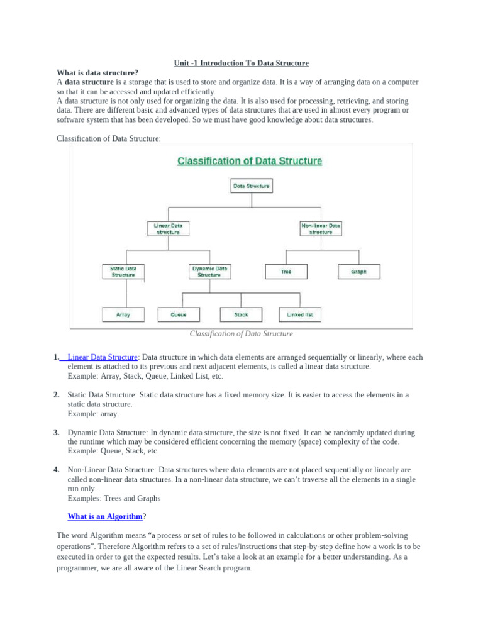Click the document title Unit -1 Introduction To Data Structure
tap(241, 63)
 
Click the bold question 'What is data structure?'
tap(97, 73)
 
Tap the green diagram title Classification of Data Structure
tap(250, 161)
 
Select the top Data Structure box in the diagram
tap(252, 186)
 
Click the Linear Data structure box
tap(168, 228)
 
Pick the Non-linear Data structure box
tap(321, 228)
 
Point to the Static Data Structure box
tap(123, 271)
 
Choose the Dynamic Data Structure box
tap(209, 271)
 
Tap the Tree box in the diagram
tap(286, 272)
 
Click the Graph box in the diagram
tap(358, 272)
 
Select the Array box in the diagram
tap(123, 314)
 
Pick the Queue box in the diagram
tap(178, 314)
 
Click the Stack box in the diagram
tap(241, 314)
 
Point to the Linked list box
tap(300, 314)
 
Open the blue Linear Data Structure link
tap(102, 357)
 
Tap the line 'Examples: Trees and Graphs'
tap(114, 498)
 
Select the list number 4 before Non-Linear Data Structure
tap(56, 470)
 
